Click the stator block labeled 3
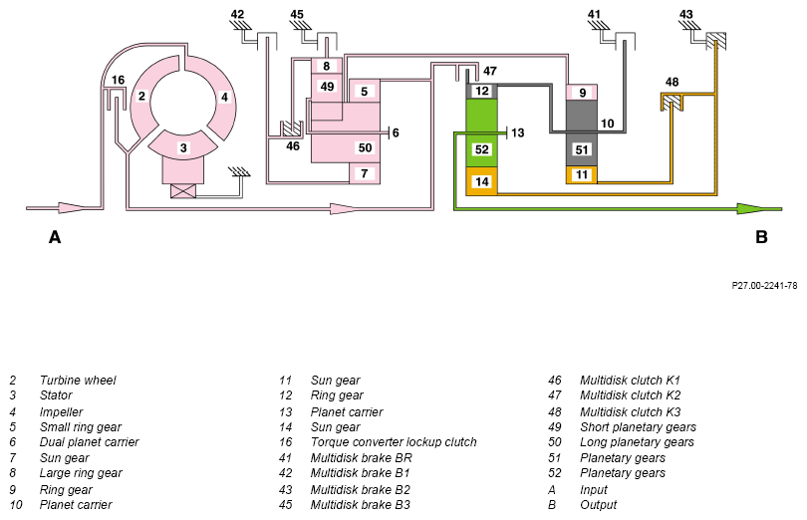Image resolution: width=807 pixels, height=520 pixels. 183,146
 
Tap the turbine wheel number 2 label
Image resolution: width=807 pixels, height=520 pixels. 141,97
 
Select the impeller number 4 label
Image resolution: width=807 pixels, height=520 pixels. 224,97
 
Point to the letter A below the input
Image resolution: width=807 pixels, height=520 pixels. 55,237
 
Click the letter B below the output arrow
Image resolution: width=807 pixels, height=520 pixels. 761,237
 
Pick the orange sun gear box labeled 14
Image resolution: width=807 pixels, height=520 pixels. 482,181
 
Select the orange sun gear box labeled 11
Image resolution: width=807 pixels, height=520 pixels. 582,174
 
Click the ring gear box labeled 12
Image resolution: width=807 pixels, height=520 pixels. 482,91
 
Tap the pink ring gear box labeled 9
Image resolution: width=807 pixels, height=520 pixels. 582,93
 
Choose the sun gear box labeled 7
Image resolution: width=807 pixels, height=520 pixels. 365,173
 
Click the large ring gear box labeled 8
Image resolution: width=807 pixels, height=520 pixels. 327,66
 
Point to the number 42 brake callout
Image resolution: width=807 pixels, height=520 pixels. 237,14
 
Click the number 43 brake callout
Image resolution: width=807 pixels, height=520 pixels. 686,14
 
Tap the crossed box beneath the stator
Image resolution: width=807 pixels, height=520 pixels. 182,191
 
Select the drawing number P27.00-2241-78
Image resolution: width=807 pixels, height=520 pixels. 764,285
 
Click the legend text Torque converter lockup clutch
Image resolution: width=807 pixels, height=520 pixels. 394,442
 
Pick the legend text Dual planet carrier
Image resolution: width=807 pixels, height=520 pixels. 89,442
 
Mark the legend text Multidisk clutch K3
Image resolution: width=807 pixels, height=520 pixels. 630,411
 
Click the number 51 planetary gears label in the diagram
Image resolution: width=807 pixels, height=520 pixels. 582,149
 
